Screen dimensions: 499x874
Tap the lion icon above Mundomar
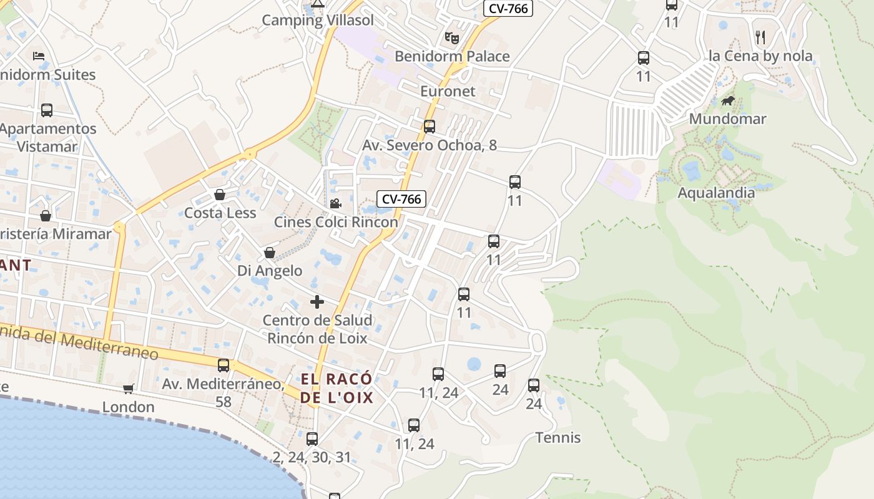pos(727,101)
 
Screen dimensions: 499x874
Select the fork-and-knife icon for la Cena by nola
pos(760,37)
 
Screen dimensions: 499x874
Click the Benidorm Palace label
pos(452,56)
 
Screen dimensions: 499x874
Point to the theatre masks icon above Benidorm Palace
pos(452,38)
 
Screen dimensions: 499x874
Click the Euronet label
pos(448,91)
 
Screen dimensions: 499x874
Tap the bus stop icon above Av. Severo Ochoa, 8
pos(430,127)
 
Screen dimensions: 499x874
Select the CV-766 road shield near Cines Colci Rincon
pos(401,199)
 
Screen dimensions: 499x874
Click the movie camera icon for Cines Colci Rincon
pos(336,203)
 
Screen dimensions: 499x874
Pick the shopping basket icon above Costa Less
pos(220,195)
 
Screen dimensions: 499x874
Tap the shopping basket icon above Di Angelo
pos(270,253)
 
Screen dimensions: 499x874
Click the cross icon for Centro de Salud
pos(317,302)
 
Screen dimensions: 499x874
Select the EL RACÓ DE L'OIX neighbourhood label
pos(336,388)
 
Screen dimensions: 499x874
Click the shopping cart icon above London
pos(129,389)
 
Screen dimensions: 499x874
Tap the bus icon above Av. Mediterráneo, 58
pos(223,366)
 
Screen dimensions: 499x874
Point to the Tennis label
pos(558,438)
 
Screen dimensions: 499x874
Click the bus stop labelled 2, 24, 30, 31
pos(312,439)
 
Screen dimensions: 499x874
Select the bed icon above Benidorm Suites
pos(39,56)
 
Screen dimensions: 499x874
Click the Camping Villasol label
pos(318,20)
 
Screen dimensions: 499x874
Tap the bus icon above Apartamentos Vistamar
pos(47,110)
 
